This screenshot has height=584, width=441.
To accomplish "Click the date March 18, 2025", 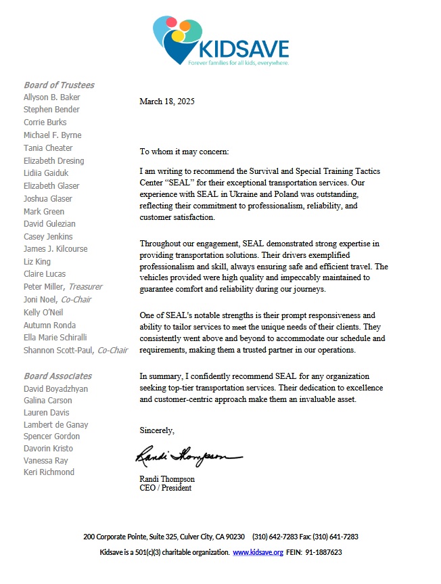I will pyautogui.click(x=166, y=102).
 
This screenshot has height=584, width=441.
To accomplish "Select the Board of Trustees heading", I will pyautogui.click(x=59, y=85).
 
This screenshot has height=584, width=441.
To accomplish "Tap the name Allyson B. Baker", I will pyautogui.click(x=51, y=97).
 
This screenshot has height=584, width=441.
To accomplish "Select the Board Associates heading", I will pyautogui.click(x=57, y=376).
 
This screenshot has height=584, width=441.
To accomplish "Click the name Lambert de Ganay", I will pyautogui.click(x=55, y=425).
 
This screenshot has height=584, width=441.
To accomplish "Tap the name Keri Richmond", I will pyautogui.click(x=49, y=472).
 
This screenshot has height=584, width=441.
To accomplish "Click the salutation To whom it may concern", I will pyautogui.click(x=184, y=151).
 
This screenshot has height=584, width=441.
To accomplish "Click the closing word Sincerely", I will pyautogui.click(x=157, y=430).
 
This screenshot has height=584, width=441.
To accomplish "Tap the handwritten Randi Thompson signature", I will pyautogui.click(x=187, y=457).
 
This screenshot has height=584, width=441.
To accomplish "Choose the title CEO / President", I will pyautogui.click(x=165, y=488).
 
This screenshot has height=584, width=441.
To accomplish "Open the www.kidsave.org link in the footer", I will pyautogui.click(x=257, y=553).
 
